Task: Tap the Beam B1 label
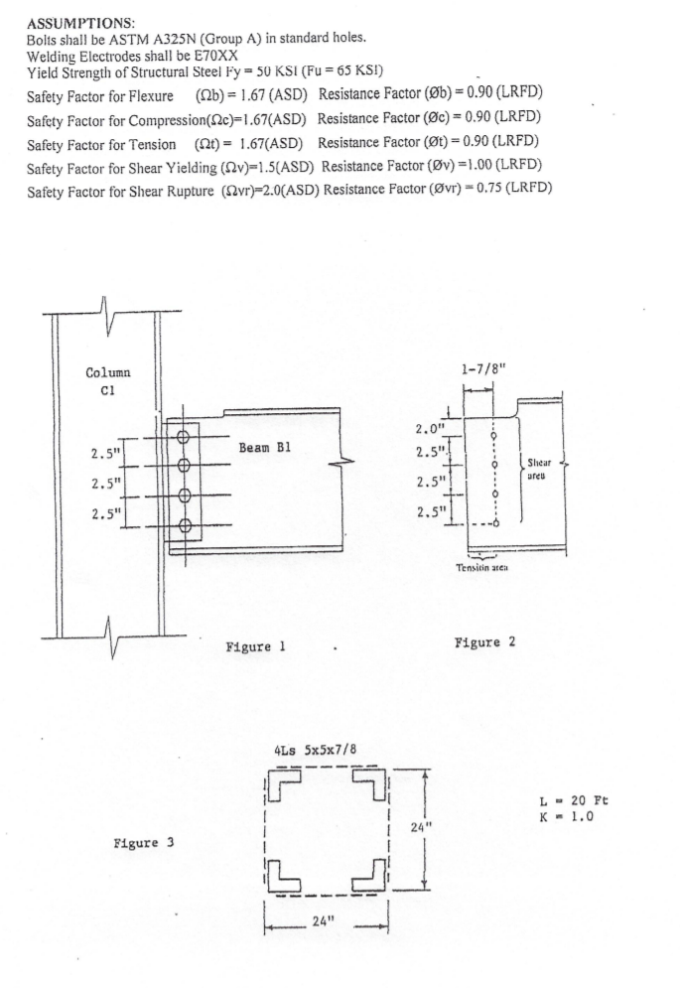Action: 264,447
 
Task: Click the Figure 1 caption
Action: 257,647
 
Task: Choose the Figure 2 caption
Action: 483,641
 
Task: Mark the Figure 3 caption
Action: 143,843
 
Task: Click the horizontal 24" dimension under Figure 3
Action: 324,919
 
